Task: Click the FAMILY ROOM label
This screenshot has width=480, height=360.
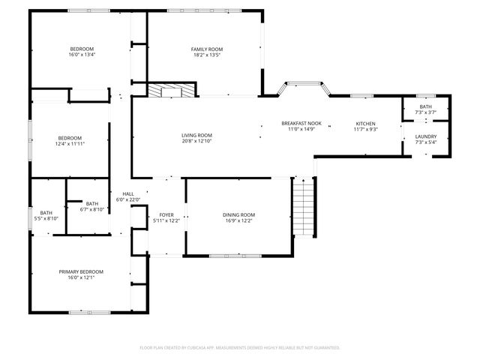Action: coord(208,49)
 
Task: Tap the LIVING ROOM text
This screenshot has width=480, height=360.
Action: coord(196,135)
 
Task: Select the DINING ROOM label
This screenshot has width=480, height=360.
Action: coord(238,215)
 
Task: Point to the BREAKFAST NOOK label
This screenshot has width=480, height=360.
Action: coord(301,123)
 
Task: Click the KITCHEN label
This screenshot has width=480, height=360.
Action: coord(365,123)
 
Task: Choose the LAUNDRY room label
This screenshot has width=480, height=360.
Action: coord(425,136)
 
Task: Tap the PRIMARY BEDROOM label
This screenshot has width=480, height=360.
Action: coord(81,271)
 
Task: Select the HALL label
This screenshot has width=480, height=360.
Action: coord(128,193)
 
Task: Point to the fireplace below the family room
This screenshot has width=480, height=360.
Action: coord(171,90)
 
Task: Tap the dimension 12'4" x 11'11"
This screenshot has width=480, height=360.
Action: coord(70,143)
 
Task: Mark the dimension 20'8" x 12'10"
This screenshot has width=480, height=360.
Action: coord(196,141)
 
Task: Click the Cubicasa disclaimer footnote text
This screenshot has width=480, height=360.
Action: coord(240,348)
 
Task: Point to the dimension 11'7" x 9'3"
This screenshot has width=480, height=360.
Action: coord(365,129)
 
